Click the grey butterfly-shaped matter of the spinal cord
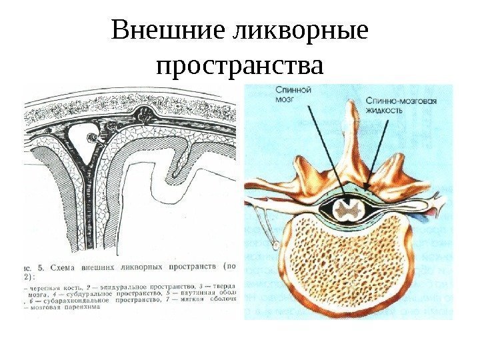click(347, 209)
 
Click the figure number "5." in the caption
click(39, 266)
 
